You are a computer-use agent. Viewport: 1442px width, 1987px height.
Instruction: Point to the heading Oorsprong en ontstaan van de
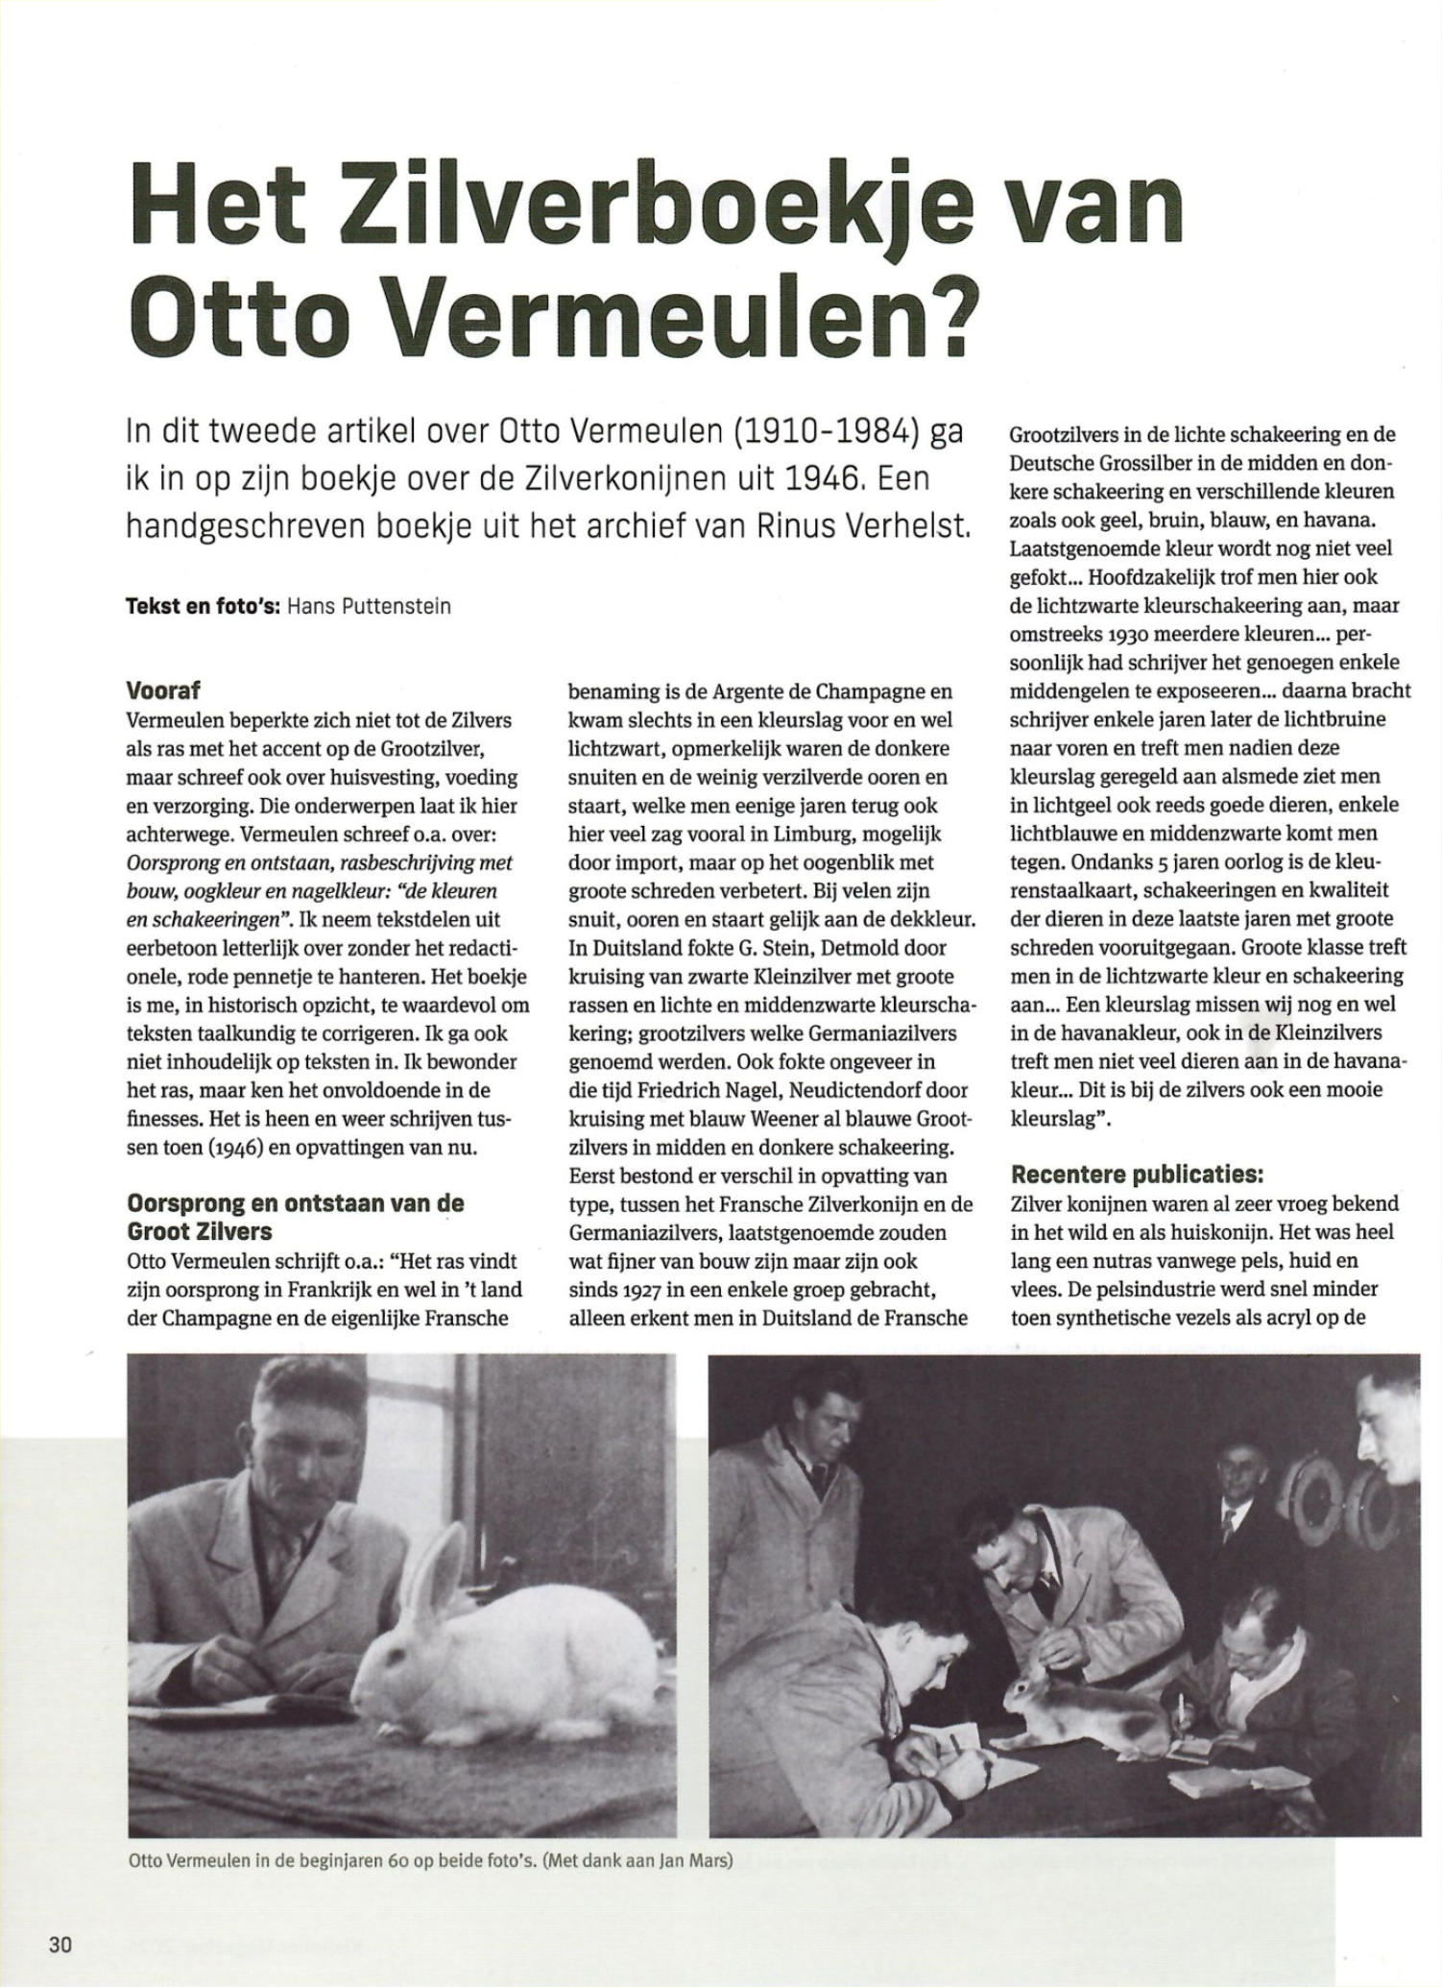[x=296, y=1202]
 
